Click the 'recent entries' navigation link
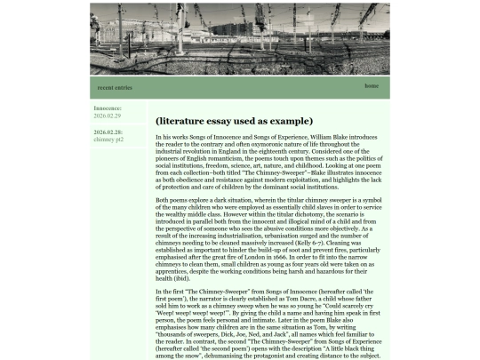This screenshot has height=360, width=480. click(x=115, y=87)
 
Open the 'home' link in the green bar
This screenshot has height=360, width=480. click(x=372, y=85)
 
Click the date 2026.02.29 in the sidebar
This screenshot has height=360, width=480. click(x=107, y=116)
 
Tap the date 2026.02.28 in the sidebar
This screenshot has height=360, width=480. click(x=108, y=132)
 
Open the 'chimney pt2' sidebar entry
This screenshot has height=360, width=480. click(x=108, y=140)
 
